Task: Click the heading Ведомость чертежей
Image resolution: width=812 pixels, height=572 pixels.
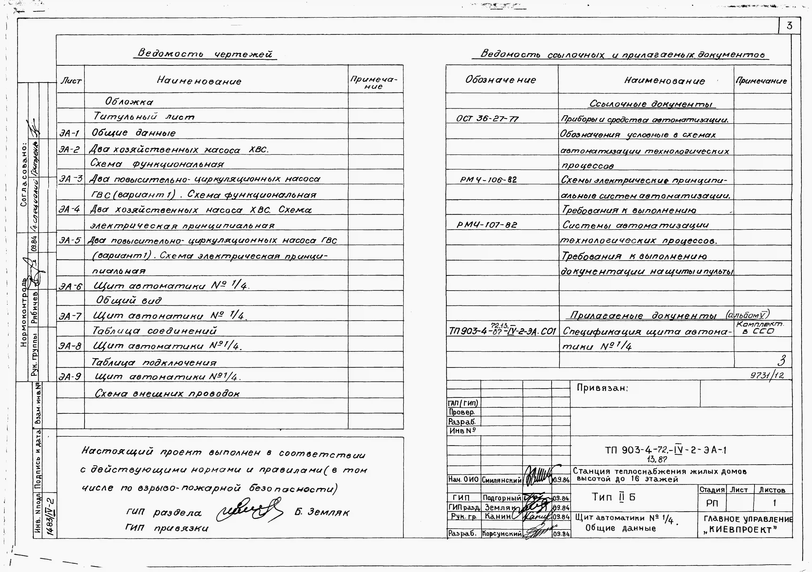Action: coord(205,54)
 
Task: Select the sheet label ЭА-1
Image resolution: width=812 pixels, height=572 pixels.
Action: coord(69,133)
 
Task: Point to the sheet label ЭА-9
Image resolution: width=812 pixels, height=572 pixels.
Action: coord(70,377)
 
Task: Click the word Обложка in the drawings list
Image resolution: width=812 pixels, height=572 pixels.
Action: coord(129,102)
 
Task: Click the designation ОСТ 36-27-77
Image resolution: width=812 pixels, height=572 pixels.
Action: coord(487,119)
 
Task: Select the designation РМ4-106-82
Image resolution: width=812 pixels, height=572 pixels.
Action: coord(488,180)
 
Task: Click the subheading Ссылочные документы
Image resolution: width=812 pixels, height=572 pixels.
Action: coord(651,104)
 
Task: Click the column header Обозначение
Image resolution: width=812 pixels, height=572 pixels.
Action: coord(500,80)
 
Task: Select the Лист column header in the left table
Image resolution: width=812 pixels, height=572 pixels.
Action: coord(71,81)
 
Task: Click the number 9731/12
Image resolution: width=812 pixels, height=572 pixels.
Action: coord(767,375)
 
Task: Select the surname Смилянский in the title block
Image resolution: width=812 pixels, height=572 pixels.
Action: coord(501,480)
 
